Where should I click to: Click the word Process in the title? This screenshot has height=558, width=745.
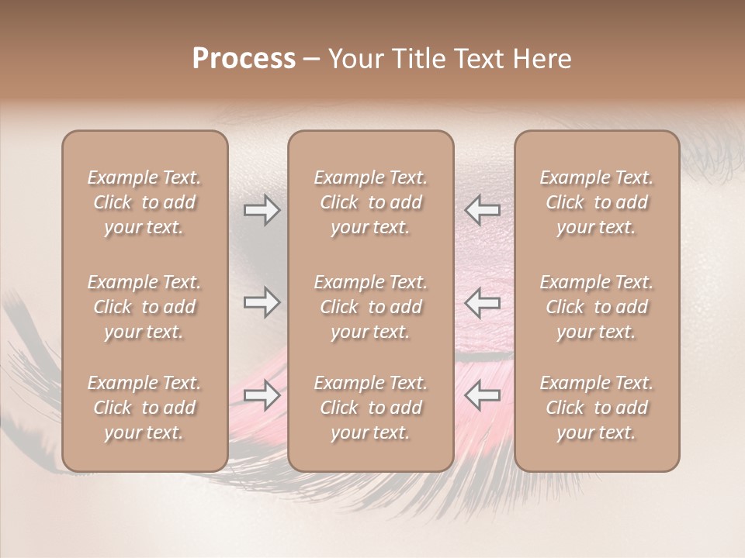point(244,59)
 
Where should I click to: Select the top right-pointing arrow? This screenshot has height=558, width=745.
point(262,210)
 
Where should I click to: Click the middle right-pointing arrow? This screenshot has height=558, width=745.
point(262,302)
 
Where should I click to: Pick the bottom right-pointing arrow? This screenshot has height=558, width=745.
point(262,395)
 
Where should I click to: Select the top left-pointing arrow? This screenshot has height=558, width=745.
point(483,210)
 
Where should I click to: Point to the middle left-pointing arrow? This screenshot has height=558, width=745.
point(483,302)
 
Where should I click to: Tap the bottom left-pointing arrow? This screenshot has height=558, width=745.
point(483,395)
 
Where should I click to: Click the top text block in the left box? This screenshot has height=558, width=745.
point(144,202)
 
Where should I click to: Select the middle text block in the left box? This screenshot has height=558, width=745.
point(144,307)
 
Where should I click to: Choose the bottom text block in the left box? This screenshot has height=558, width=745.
point(144,408)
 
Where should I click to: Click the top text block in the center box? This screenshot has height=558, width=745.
point(371,202)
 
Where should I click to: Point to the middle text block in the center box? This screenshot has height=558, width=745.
point(371,307)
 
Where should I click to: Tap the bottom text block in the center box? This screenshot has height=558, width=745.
point(371,408)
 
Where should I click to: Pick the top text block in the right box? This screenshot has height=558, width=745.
point(597,202)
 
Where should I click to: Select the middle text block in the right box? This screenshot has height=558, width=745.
point(597,307)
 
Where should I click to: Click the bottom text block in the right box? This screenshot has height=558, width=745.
point(597,408)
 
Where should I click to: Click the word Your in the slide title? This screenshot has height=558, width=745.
point(353,59)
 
